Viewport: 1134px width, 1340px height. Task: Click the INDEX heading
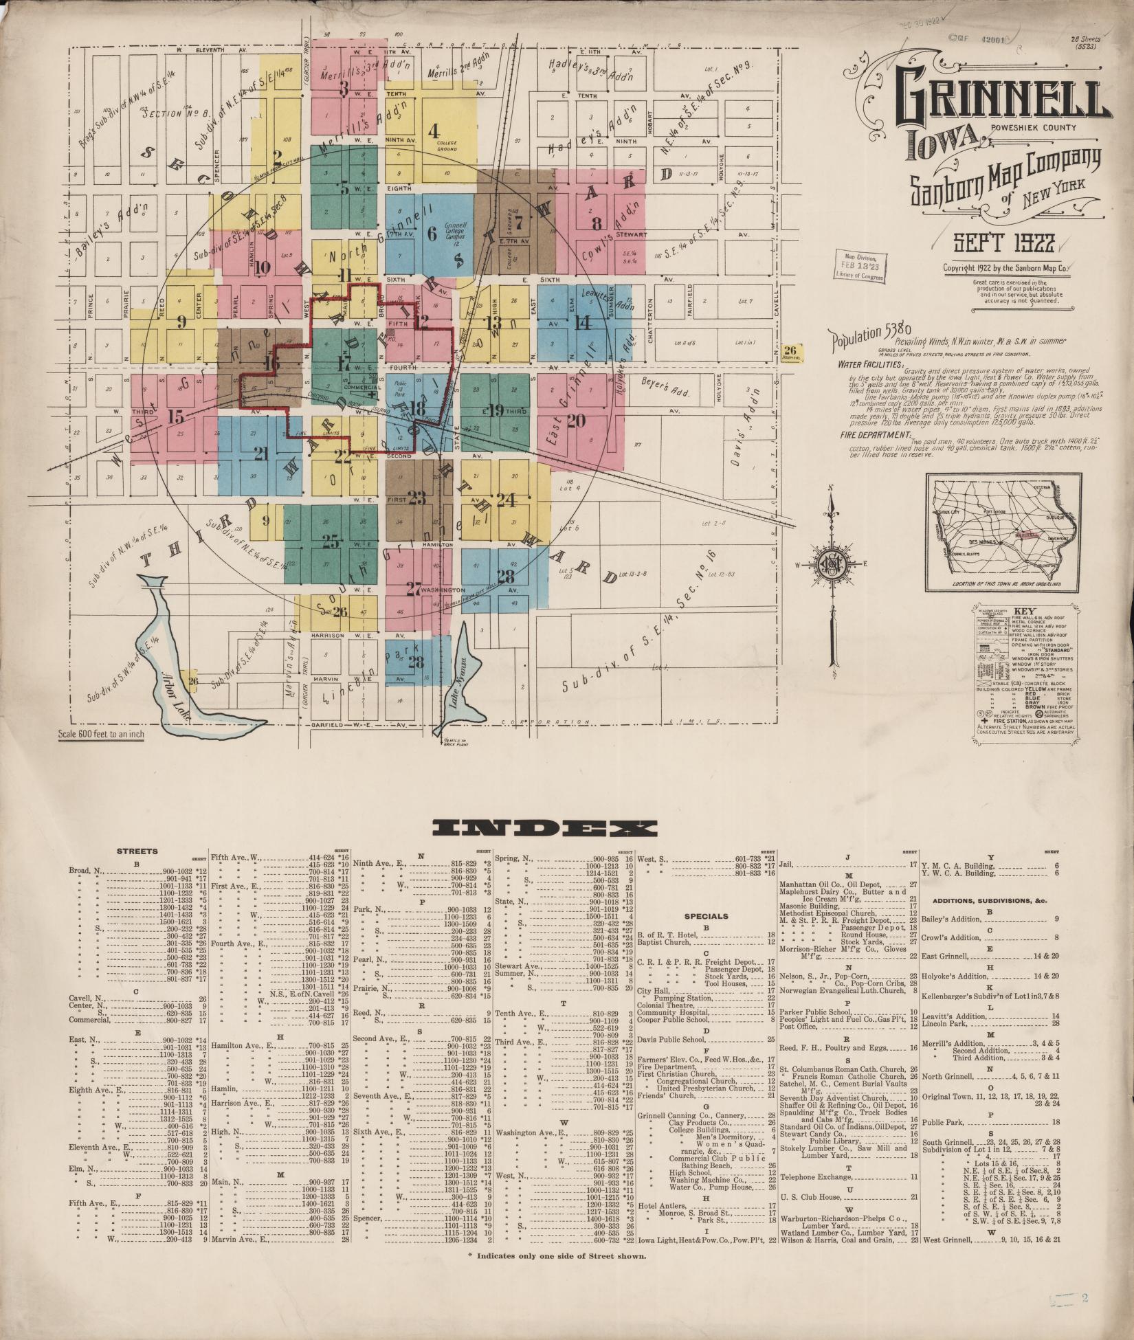[541, 828]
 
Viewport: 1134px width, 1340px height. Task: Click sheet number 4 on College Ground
[433, 129]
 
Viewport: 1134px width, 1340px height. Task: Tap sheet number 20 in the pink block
[576, 420]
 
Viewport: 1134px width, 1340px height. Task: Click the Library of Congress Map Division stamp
[859, 264]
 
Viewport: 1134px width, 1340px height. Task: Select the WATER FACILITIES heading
[870, 365]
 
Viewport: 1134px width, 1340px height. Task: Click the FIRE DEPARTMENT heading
[871, 436]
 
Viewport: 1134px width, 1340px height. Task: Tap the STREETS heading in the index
[137, 851]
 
